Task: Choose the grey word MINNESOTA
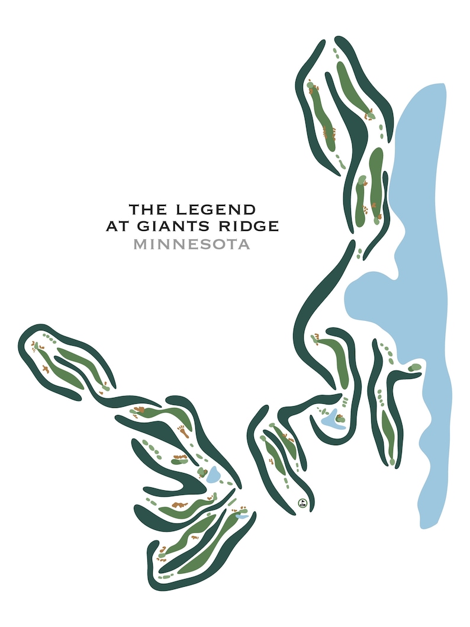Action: (191, 244)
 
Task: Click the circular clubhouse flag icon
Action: (302, 504)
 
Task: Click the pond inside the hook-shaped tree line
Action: (332, 419)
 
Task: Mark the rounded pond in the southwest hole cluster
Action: (213, 474)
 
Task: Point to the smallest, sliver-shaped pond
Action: (242, 516)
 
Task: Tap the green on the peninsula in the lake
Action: (415, 368)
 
